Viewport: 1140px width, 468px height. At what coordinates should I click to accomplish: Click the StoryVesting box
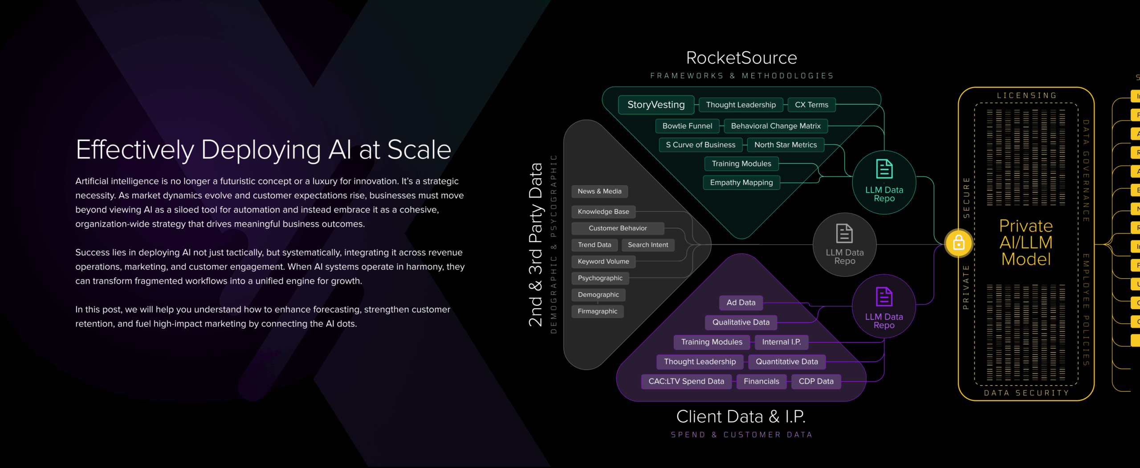coord(656,105)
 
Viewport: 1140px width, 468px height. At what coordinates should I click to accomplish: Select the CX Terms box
coord(811,105)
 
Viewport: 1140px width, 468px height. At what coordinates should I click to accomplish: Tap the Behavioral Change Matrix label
coord(775,126)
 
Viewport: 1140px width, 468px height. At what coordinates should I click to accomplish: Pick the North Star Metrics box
coord(786,145)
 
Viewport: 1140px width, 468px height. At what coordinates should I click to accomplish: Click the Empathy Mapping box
coord(741,183)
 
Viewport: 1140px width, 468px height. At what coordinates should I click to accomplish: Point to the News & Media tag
coord(599,191)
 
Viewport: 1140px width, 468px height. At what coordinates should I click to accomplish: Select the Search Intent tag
coord(647,245)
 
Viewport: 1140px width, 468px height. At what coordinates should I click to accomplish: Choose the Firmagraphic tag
coord(597,311)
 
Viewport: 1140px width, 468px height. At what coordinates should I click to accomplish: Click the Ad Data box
coord(741,302)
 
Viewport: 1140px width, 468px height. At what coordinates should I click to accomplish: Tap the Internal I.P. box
coord(781,342)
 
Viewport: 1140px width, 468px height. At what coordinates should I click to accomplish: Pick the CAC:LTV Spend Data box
coord(686,381)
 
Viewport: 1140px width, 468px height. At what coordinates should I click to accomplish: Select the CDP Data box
coord(816,381)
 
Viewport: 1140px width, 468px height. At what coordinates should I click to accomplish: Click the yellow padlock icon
coord(958,243)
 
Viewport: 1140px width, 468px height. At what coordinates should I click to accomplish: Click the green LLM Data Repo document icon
coord(884,169)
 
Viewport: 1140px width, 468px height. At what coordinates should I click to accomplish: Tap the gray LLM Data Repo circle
coord(844,245)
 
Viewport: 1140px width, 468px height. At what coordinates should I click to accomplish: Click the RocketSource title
coord(741,58)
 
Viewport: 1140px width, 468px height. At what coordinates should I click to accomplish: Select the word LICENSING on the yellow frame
coord(1026,95)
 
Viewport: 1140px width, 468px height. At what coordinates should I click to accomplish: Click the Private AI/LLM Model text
coord(1026,243)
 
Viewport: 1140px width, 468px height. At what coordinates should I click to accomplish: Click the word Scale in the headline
coord(419,150)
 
